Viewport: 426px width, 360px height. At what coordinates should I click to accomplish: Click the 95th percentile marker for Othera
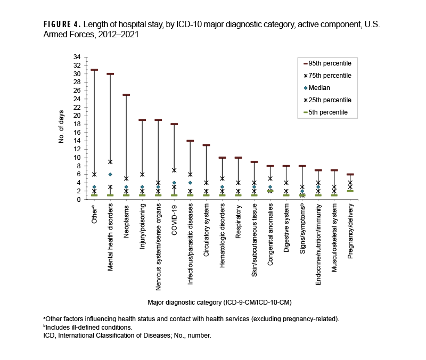pyautogui.click(x=94, y=70)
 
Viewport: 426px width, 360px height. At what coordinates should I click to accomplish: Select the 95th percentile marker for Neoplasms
pyautogui.click(x=126, y=95)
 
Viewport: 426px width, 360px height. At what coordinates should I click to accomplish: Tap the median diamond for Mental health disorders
pyautogui.click(x=110, y=174)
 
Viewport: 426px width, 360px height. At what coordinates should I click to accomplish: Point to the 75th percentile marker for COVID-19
pyautogui.click(x=174, y=170)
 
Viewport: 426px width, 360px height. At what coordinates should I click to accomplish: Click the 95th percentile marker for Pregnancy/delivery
pyautogui.click(x=350, y=174)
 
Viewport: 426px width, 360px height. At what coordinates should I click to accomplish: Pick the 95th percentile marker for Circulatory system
pyautogui.click(x=206, y=145)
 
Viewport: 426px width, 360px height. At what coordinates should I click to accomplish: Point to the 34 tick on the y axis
pyautogui.click(x=78, y=57)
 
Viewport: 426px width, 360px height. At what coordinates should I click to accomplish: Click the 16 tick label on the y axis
pyautogui.click(x=78, y=132)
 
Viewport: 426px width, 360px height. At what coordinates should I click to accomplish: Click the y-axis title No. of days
pyautogui.click(x=62, y=128)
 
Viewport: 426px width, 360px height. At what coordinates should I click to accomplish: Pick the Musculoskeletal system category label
pyautogui.click(x=334, y=239)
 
